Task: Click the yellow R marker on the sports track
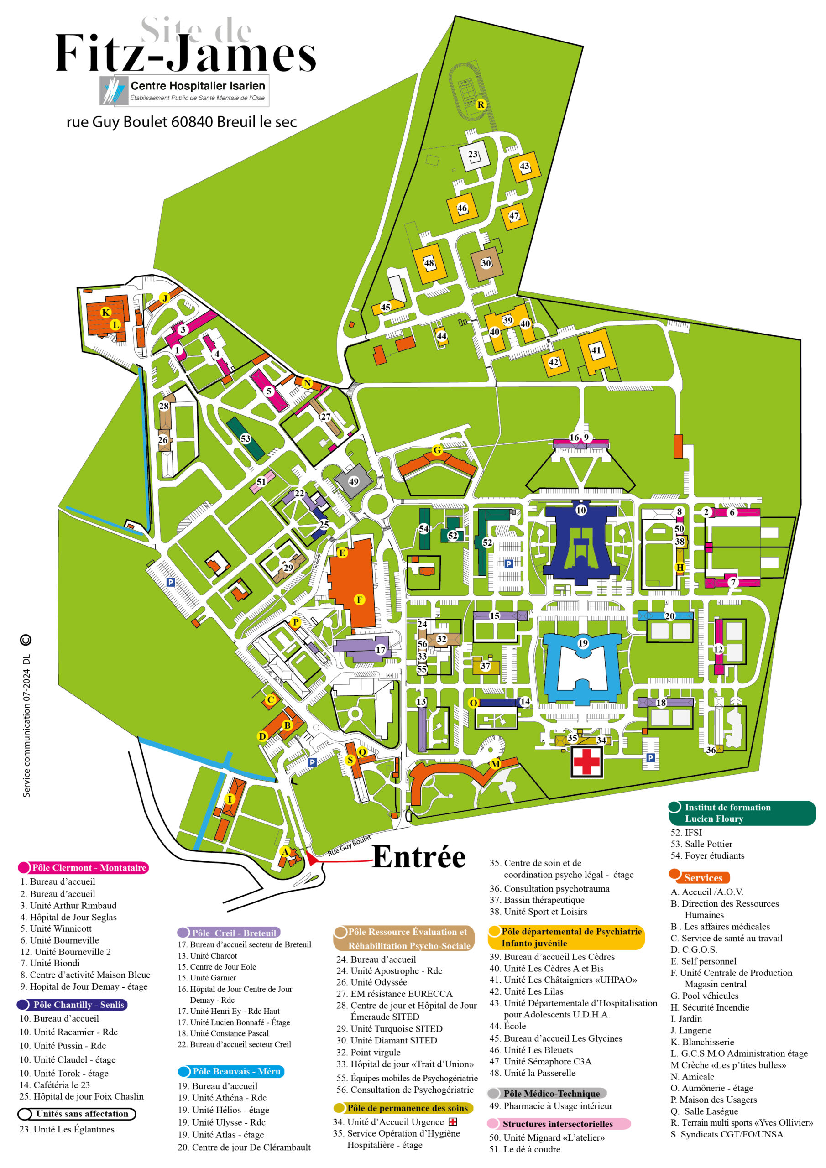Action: coord(481,105)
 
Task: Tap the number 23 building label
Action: coord(473,155)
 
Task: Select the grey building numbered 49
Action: coord(353,481)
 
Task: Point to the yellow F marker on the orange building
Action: coord(359,600)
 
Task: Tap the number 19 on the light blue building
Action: coord(583,643)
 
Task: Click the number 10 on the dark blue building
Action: coord(580,510)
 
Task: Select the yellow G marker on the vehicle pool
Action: coord(437,450)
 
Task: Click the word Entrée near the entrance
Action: coord(418,857)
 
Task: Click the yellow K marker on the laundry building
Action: coord(106,313)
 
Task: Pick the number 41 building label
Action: coord(596,350)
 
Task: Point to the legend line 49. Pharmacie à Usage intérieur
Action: coord(551,1105)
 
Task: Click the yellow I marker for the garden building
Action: coord(230,799)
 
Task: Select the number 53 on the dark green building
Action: coord(246,438)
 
